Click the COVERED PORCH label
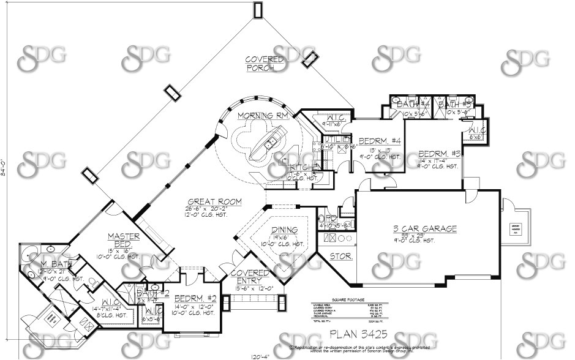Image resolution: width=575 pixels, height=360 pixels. click(x=263, y=63)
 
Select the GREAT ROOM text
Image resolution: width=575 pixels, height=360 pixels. click(x=214, y=201)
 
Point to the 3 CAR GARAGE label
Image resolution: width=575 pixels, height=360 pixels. click(x=425, y=228)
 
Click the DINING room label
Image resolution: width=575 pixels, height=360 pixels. click(x=285, y=230)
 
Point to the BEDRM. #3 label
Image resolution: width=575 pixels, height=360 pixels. click(x=439, y=153)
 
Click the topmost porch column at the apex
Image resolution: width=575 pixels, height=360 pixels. click(x=258, y=10)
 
